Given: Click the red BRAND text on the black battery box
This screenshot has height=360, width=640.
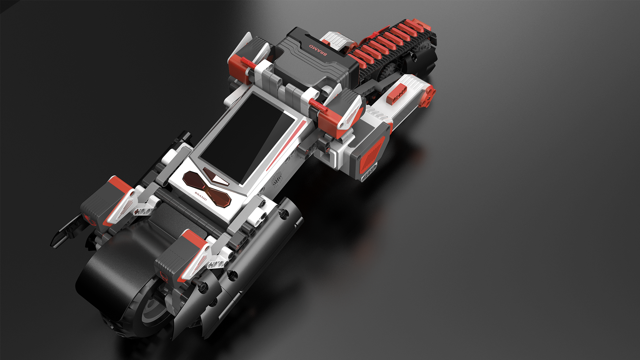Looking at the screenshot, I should pos(318,50).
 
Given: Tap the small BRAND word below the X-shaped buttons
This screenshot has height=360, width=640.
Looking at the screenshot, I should pos(201,196).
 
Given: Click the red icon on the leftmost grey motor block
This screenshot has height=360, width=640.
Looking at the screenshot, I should pos(91,220).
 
